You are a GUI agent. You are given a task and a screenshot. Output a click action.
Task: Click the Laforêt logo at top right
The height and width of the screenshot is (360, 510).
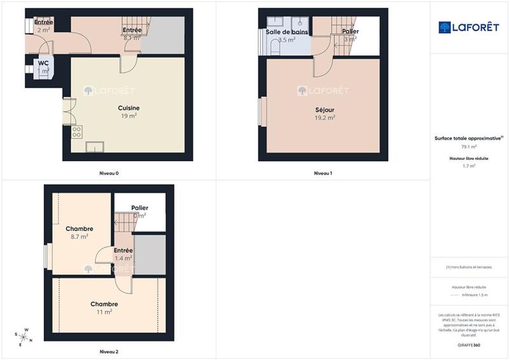pyautogui.click(x=469, y=27)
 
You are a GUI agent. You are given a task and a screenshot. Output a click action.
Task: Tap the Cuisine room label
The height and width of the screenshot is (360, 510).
pyautogui.click(x=129, y=108)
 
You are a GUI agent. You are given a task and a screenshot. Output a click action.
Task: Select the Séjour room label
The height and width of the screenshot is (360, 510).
pyautogui.click(x=324, y=110)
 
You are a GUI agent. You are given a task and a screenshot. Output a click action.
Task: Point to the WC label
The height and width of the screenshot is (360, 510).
pyautogui.click(x=43, y=63)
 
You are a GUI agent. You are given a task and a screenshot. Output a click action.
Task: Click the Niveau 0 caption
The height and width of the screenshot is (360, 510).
pyautogui.click(x=109, y=173)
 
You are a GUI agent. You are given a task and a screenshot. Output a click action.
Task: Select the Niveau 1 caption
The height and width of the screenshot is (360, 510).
pyautogui.click(x=323, y=173)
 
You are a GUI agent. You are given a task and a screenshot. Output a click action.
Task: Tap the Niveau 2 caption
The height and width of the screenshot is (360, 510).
pyautogui.click(x=109, y=351)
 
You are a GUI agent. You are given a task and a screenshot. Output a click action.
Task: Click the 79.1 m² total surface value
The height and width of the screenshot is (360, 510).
pyautogui.click(x=469, y=146)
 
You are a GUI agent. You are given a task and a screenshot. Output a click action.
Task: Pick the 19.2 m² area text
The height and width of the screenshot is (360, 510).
pyautogui.click(x=324, y=118)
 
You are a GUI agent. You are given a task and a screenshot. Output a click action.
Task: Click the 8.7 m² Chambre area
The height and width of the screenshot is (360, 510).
pyautogui.click(x=80, y=236)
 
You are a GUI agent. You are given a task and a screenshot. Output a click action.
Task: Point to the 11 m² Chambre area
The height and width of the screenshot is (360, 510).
pyautogui.click(x=104, y=312)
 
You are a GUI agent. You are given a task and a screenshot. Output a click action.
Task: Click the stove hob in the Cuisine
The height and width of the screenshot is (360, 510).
pyautogui.click(x=76, y=133)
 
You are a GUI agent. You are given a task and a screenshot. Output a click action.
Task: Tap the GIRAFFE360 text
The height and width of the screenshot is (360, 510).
pyautogui.click(x=469, y=345)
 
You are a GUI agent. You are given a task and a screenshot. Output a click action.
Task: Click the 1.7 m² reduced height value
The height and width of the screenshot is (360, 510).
pyautogui.click(x=469, y=166)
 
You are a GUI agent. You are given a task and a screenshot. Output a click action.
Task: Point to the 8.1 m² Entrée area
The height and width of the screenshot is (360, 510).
pyautogui.click(x=131, y=38)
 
